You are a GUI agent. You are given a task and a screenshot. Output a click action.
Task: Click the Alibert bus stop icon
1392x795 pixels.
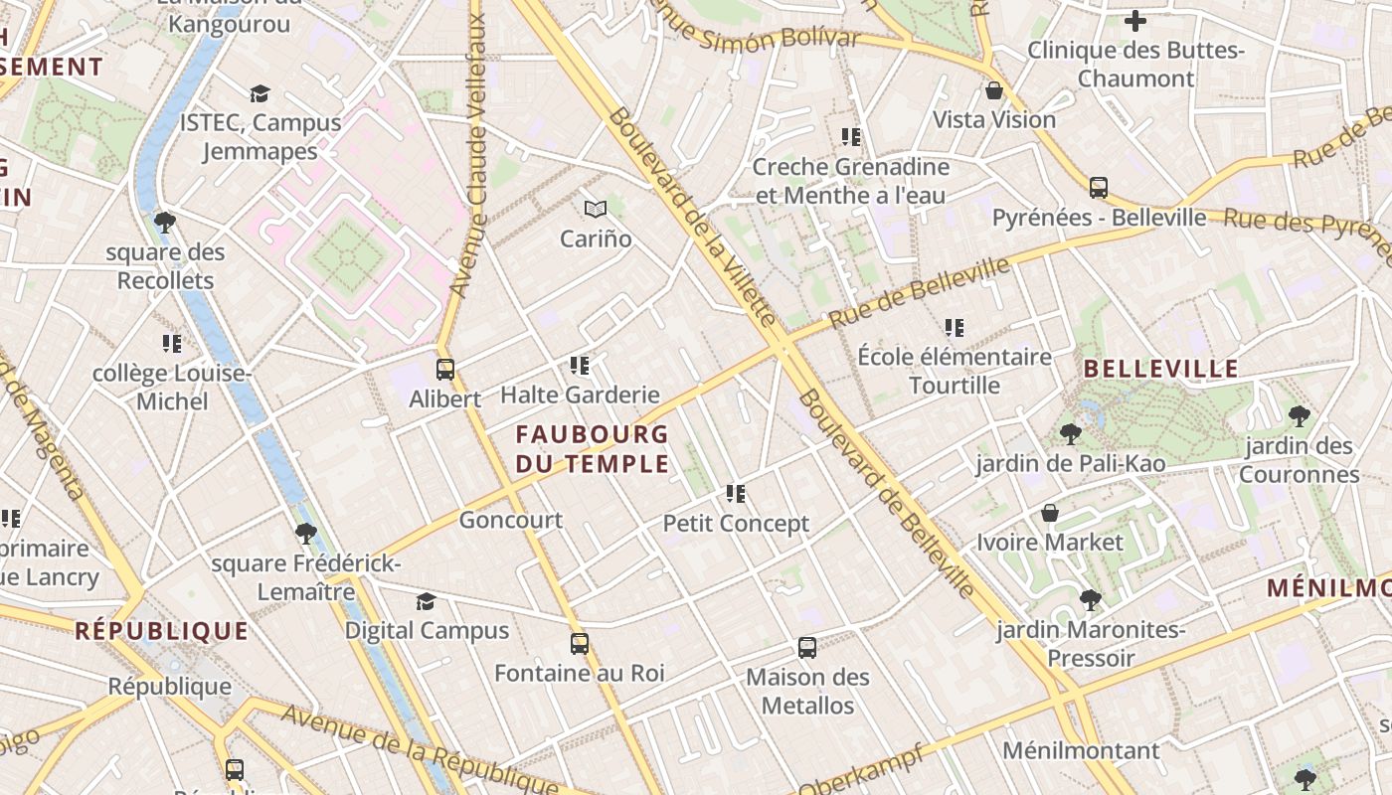point(445,369)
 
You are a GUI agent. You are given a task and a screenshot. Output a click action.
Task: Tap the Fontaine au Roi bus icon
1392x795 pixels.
point(580,643)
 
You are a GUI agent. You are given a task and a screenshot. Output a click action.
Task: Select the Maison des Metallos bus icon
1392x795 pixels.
point(807,648)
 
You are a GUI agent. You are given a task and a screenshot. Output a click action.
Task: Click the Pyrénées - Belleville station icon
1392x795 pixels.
point(1099,187)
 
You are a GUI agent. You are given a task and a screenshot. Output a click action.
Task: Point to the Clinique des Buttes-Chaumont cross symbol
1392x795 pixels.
point(1135,20)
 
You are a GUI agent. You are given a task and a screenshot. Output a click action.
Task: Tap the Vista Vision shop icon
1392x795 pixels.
point(993,91)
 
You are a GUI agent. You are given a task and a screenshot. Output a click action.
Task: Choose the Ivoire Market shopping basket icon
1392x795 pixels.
point(1050,513)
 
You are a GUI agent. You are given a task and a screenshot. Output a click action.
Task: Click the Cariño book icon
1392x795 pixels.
point(596,209)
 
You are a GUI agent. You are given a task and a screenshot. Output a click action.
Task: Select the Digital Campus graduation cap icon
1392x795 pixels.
point(426,601)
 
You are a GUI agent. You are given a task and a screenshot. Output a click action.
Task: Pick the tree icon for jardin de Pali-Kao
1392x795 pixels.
point(1070,433)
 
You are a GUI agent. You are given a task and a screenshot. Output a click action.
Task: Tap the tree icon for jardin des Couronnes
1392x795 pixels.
point(1299,415)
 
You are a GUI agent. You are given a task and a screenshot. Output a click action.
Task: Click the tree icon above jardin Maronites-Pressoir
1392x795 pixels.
point(1091,599)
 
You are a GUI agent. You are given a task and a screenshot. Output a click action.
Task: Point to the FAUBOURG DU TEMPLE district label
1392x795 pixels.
point(593,448)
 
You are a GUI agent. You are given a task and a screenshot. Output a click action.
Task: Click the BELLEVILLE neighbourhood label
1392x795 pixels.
point(1160,370)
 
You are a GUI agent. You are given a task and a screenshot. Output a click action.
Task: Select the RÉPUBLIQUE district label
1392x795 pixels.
point(161,630)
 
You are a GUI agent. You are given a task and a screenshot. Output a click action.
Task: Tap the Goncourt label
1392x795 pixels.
point(511,520)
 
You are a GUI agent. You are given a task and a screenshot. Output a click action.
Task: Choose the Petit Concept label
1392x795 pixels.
point(736,524)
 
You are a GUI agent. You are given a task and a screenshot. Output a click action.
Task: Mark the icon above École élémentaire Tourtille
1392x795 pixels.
point(955,327)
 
